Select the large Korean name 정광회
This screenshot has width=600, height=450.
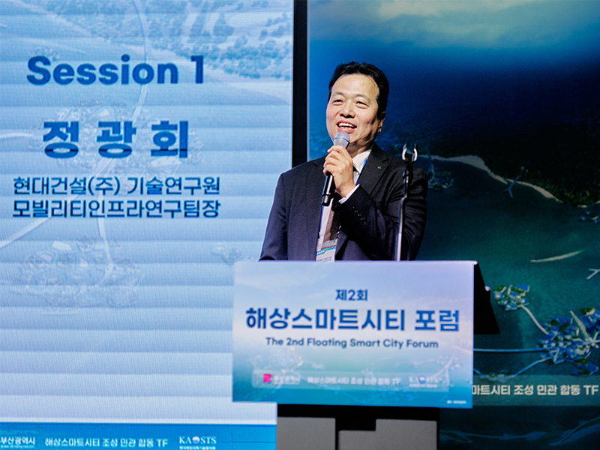(116, 139)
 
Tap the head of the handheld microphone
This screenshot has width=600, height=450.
(341, 140)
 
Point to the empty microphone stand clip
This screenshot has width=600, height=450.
(409, 153)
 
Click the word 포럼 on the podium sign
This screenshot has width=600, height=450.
(436, 319)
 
